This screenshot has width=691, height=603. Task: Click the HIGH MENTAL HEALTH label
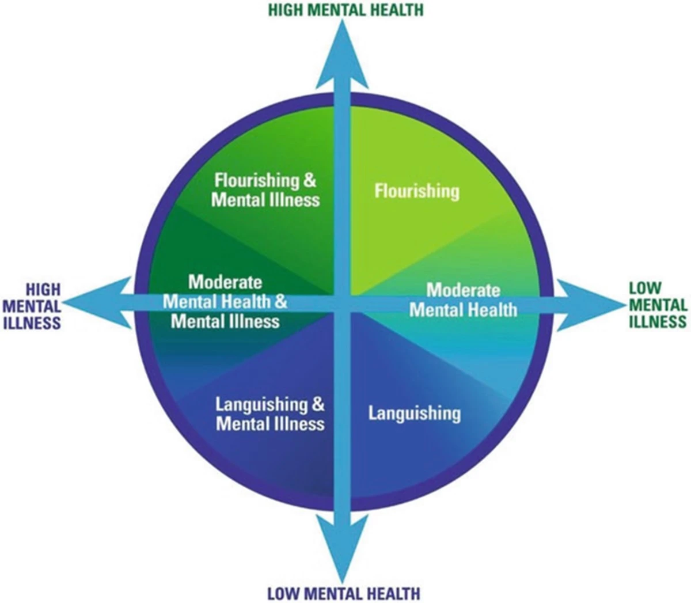pos(346,10)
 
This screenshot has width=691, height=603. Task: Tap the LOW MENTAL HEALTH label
pos(344,593)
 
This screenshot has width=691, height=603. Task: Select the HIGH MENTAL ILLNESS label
pos(33,306)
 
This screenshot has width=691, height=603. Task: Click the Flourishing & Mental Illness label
pos(265,190)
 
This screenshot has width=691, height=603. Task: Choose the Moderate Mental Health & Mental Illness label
pos(225,301)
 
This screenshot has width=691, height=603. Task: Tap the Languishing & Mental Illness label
pos(270,414)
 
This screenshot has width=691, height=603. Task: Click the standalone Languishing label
pos(415,413)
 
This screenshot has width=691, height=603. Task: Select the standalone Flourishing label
pos(417,191)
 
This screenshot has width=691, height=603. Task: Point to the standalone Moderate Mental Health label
pos(463,299)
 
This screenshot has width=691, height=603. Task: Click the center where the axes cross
pos(344,304)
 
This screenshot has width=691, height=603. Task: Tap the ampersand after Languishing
pos(318,404)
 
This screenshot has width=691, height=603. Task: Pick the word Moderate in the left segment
pos(225,282)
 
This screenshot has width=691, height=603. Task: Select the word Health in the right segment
pos(491,310)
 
